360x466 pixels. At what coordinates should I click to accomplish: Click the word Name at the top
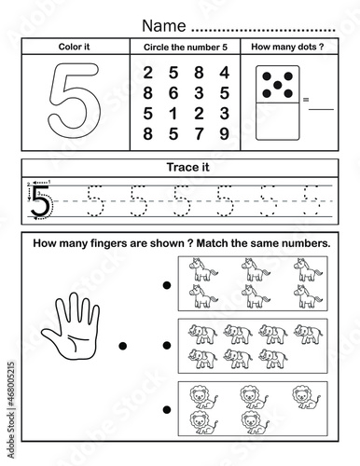(164, 25)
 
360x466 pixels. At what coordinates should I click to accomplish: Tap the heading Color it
(74, 47)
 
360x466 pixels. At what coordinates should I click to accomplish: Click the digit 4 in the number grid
(224, 73)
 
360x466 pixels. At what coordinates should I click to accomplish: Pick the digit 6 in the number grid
(173, 93)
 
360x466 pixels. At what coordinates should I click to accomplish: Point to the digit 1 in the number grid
(173, 114)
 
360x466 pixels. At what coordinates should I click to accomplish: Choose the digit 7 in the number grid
(199, 133)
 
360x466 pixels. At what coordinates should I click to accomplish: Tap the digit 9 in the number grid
(224, 133)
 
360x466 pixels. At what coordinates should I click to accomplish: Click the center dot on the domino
(278, 85)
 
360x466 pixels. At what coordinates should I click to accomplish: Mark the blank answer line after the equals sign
(321, 109)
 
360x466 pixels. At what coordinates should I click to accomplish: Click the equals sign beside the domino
(306, 100)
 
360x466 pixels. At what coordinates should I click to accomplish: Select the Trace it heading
(188, 167)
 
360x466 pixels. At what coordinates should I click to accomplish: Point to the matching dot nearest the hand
(123, 346)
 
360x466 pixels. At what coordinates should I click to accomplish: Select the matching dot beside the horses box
(167, 285)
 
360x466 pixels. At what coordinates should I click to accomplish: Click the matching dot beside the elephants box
(167, 345)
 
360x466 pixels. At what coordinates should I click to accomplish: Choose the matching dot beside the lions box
(167, 410)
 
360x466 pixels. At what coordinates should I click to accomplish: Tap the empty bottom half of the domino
(278, 121)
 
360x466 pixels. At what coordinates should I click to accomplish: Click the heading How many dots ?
(287, 47)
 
